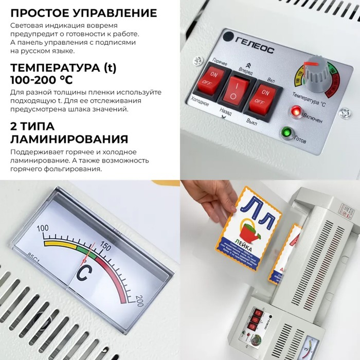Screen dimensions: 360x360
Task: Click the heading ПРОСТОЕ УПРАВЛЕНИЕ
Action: tap(83, 13)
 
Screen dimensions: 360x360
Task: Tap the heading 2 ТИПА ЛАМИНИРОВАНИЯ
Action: tap(69, 133)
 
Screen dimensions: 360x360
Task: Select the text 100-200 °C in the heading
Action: tap(42, 80)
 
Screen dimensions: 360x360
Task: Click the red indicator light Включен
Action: tap(296, 111)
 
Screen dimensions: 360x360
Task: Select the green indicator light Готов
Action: tap(285, 133)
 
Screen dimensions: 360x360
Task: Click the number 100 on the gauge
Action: tap(43, 228)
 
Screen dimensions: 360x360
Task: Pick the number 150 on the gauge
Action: tap(104, 246)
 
